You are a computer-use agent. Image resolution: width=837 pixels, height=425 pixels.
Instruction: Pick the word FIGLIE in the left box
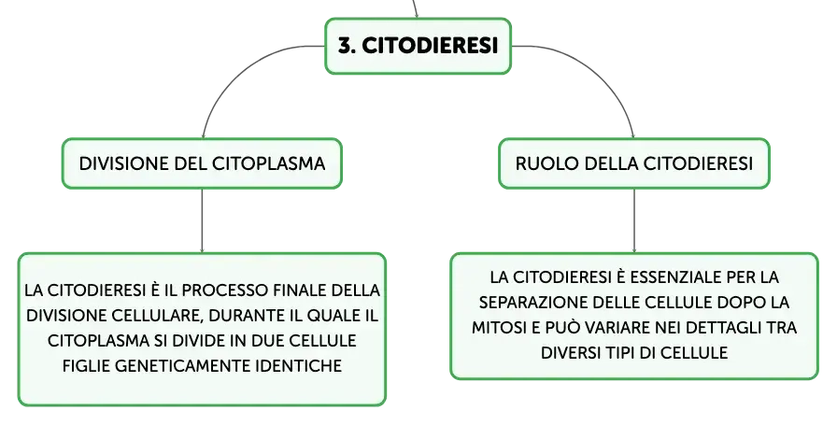pos(86,366)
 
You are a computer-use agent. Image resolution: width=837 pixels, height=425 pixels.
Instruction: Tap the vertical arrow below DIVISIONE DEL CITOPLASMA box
pos(202,221)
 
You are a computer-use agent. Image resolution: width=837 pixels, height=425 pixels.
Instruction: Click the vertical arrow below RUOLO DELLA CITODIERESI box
pos(634,221)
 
